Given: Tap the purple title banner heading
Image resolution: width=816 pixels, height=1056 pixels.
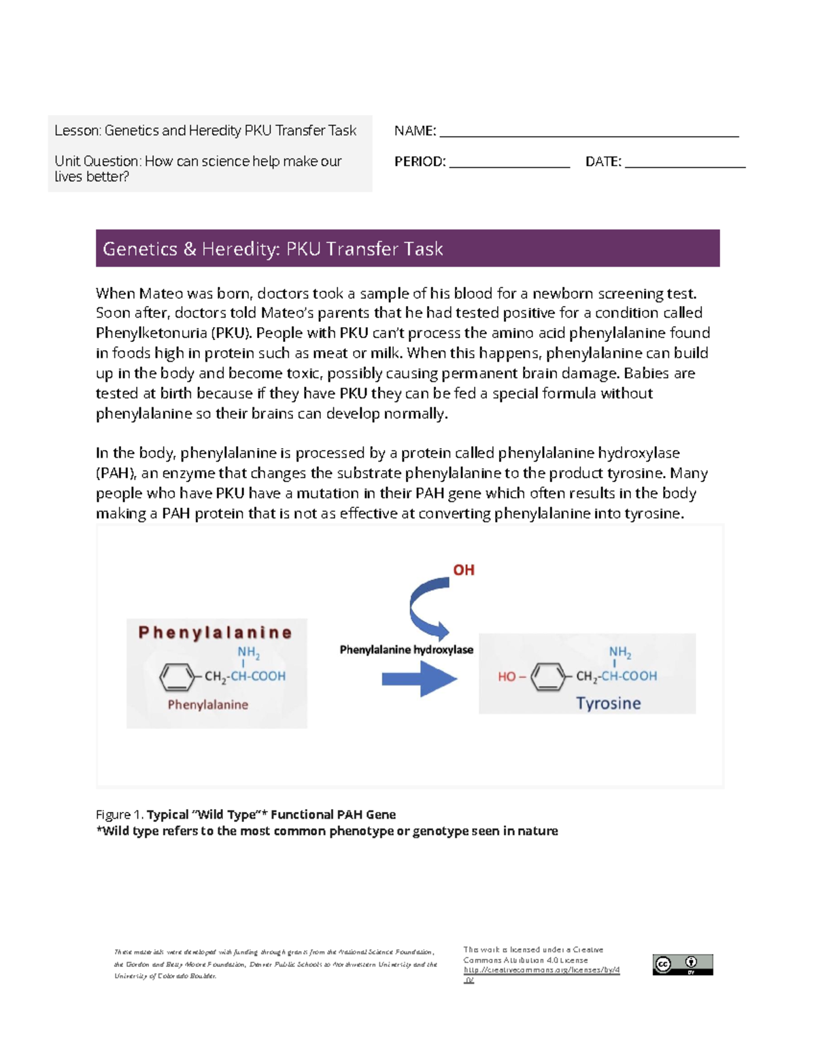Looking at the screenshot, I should point(273,249).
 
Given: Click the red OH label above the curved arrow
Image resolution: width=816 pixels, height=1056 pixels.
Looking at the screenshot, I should point(464,570).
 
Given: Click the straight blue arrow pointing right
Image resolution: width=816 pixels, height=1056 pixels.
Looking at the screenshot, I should point(419,679).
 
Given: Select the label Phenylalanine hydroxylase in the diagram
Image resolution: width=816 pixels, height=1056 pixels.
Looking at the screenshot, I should point(406,650).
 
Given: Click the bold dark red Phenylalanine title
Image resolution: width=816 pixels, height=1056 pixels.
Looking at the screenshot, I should point(215,632).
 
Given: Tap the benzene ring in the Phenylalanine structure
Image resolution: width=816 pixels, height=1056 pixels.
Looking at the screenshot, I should point(177,677).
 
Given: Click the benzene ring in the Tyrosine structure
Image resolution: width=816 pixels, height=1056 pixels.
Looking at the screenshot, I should point(548,677).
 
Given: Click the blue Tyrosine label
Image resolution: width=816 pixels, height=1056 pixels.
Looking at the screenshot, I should point(608,703).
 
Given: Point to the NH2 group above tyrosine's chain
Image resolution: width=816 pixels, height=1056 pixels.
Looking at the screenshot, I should point(619,653).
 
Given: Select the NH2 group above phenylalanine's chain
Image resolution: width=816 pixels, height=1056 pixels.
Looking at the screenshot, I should point(248,653).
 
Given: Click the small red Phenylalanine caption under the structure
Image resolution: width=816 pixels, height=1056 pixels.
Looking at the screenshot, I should point(207,705).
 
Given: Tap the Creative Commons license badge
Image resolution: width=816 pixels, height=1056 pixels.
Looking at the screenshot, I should point(682,964).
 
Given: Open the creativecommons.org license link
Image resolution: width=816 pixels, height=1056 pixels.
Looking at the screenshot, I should point(541,970).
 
